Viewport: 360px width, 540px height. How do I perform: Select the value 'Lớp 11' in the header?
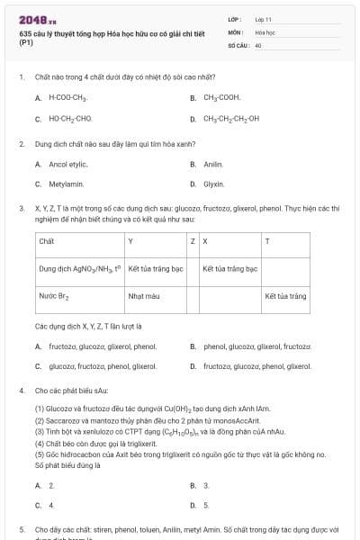click(263, 19)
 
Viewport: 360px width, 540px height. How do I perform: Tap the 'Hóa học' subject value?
click(265, 31)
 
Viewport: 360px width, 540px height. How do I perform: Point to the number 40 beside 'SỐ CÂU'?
click(258, 44)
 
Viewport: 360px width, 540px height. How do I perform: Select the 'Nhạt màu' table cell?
click(144, 295)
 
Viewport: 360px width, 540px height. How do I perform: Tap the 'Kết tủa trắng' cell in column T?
click(285, 295)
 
